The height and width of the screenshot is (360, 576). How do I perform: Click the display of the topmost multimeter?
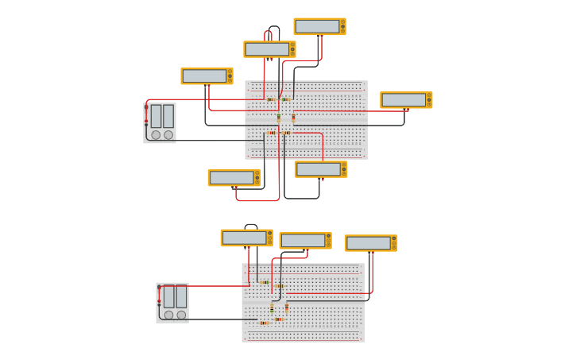click(x=317, y=26)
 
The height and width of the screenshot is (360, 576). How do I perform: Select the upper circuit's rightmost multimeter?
click(x=405, y=100)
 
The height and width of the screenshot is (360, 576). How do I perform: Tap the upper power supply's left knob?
click(x=156, y=135)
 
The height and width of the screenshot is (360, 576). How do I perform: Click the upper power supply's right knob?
click(x=168, y=135)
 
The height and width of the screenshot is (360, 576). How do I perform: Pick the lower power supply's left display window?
click(x=168, y=296)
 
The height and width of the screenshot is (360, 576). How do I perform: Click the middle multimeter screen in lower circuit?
click(x=303, y=241)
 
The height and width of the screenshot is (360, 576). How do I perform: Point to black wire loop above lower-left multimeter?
click(x=251, y=226)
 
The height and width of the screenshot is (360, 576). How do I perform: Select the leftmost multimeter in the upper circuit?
click(x=207, y=76)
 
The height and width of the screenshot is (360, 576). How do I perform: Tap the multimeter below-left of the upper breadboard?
click(x=234, y=177)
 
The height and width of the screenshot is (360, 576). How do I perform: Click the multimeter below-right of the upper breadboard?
click(x=321, y=169)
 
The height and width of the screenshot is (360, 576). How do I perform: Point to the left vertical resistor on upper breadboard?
click(x=279, y=118)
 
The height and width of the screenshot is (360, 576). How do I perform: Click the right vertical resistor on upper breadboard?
click(x=293, y=118)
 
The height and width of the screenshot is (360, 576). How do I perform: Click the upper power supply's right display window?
click(x=168, y=116)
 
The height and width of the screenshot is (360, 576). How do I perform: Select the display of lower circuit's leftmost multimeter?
click(x=244, y=238)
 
